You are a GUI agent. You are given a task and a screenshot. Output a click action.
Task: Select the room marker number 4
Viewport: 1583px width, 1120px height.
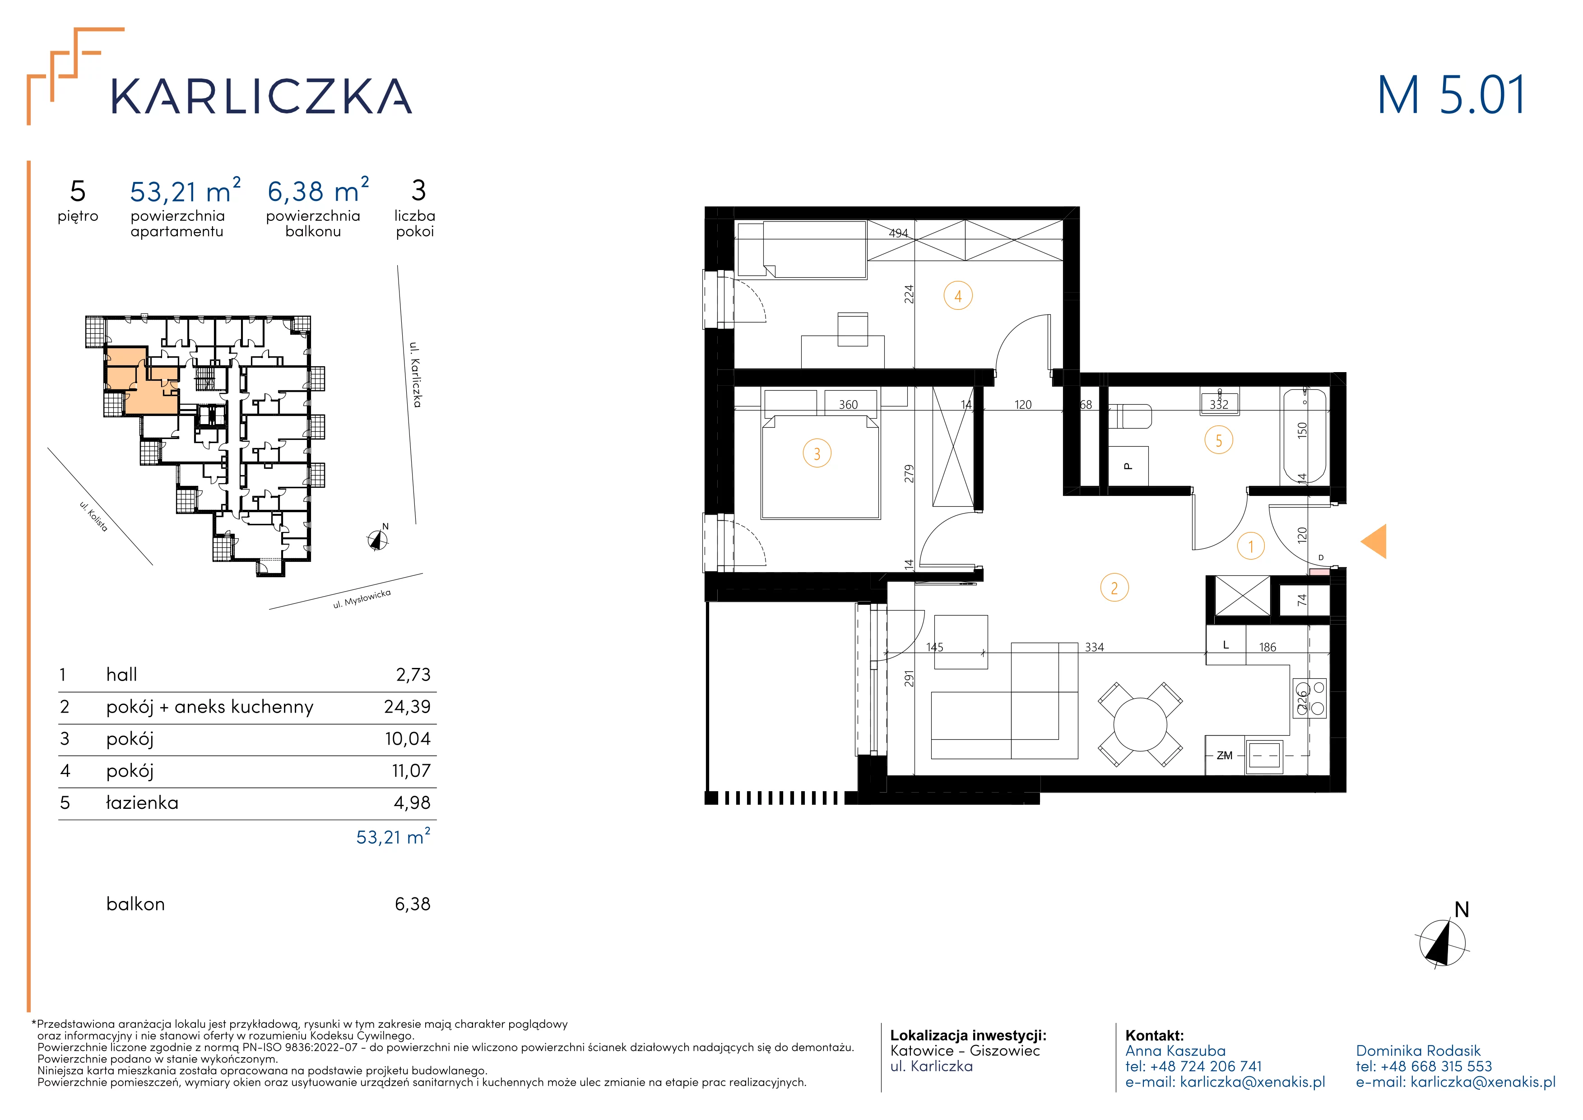coord(958,297)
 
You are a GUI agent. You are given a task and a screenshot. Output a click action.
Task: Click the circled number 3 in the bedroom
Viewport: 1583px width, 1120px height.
coord(817,454)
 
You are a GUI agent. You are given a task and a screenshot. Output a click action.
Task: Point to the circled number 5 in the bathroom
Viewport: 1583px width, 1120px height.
coord(1218,441)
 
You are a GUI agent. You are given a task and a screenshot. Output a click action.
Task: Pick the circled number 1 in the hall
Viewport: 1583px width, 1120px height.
coord(1251,546)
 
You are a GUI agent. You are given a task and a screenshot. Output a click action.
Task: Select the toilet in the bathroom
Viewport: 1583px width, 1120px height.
coord(1131,416)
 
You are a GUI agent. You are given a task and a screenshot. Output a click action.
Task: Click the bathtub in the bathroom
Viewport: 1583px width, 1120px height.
coord(1304,436)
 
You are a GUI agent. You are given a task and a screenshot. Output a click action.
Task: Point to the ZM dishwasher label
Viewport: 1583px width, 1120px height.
coord(1225,756)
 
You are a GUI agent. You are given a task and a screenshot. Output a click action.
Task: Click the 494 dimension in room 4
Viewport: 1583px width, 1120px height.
coord(898,233)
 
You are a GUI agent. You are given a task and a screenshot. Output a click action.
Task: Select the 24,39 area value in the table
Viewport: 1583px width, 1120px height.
coord(408,707)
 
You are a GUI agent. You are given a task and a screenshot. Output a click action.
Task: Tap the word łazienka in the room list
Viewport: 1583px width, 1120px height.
coord(142,803)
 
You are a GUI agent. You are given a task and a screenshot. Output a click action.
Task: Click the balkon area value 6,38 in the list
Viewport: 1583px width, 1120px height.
coord(412,904)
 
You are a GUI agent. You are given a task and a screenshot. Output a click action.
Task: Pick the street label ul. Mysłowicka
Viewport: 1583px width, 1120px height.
coord(362,599)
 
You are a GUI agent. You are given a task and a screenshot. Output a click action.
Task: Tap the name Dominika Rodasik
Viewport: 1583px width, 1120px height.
coord(1418,1051)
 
